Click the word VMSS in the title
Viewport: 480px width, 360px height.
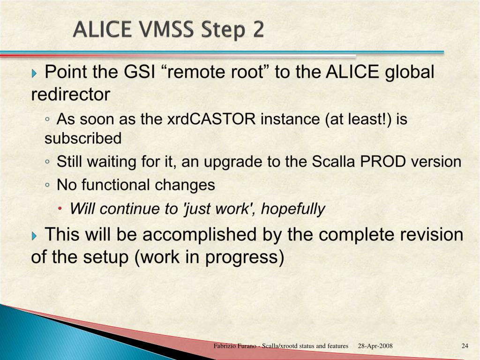[166, 30]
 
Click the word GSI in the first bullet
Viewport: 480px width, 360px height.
[139, 72]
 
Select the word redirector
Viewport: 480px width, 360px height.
[70, 94]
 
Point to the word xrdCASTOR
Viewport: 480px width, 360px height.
[211, 119]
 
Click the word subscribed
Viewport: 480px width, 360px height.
[83, 138]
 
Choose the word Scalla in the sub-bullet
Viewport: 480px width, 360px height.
[333, 161]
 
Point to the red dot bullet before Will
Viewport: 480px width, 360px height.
[60, 209]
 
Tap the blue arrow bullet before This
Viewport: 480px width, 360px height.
[34, 236]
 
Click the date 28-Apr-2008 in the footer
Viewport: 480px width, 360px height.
[375, 346]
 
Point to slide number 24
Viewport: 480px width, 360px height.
[465, 346]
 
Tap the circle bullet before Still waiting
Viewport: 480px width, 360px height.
[47, 161]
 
